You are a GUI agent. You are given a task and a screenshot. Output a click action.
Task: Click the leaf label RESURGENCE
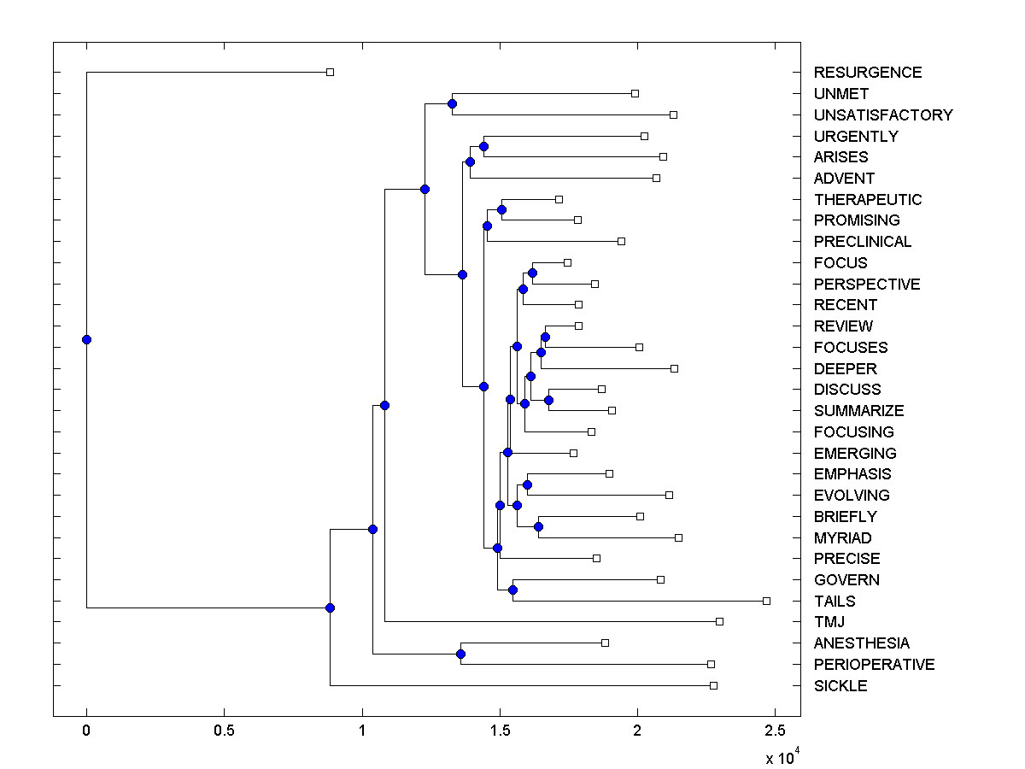coord(867,73)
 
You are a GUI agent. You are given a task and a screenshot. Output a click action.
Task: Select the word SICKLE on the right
coord(840,686)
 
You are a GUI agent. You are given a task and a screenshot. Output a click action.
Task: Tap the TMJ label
coord(829,622)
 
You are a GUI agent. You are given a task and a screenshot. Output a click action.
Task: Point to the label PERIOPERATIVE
coord(874,665)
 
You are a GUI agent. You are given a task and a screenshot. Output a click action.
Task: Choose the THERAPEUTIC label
coord(868,200)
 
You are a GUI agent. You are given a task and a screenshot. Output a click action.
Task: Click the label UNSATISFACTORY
coord(883,115)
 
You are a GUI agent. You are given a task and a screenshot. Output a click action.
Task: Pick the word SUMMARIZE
coord(858,411)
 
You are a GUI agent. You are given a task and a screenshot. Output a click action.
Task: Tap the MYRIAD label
coord(842,538)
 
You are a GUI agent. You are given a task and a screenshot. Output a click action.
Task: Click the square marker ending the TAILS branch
coord(766,601)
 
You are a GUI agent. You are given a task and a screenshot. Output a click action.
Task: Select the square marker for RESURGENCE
coord(331,72)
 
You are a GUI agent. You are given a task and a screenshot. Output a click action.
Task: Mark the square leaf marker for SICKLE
coord(714,685)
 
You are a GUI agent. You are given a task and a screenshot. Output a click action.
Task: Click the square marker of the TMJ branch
coord(719,621)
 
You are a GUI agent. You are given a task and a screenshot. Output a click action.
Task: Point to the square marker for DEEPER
coord(674,368)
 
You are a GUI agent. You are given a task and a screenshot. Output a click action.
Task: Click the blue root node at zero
coord(86,339)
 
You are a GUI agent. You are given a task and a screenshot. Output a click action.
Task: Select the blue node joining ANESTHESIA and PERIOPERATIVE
coord(460,654)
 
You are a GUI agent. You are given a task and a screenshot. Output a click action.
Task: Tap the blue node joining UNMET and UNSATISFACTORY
coord(452,103)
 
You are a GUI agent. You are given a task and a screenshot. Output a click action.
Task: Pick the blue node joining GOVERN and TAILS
coord(512,590)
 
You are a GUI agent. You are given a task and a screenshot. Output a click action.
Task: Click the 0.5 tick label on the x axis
coord(224,731)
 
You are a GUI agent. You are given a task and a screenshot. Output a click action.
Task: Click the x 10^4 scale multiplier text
coord(781,757)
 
